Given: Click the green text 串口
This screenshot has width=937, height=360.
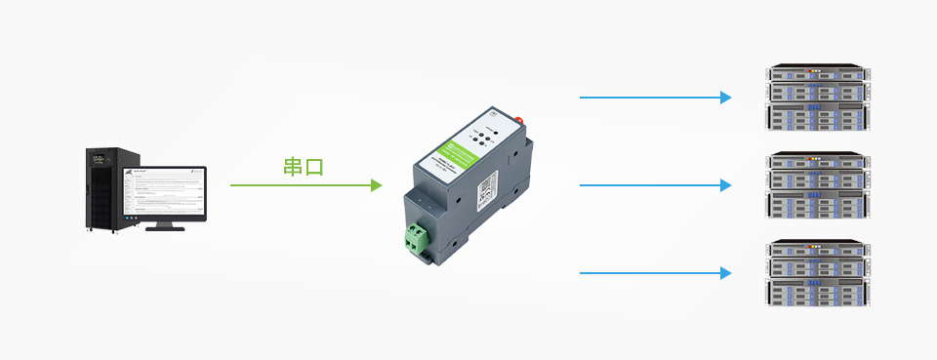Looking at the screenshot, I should click(x=303, y=167).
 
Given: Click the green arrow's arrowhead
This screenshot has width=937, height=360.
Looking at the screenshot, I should click(x=376, y=184).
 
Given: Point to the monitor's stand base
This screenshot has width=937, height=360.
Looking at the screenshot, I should click(x=165, y=226).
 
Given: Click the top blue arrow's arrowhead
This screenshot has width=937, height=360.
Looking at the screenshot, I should click(x=725, y=98).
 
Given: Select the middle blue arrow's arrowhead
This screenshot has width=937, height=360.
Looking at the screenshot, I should click(x=725, y=185).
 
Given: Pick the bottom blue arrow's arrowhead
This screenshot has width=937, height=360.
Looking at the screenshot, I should click(x=725, y=273).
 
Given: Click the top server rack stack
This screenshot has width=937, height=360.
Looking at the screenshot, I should click(x=817, y=98).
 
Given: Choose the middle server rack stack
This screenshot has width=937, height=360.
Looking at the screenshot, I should click(x=817, y=185).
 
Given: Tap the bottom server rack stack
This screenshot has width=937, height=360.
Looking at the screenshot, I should click(x=817, y=273).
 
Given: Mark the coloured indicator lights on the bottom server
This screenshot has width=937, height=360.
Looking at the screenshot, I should click(x=816, y=247).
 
